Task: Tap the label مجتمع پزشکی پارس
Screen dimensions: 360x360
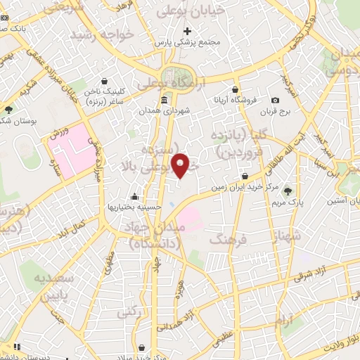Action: [188, 43]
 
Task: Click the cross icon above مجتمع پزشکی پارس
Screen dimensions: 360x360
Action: [187, 31]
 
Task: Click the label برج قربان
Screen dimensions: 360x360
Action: [275, 112]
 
